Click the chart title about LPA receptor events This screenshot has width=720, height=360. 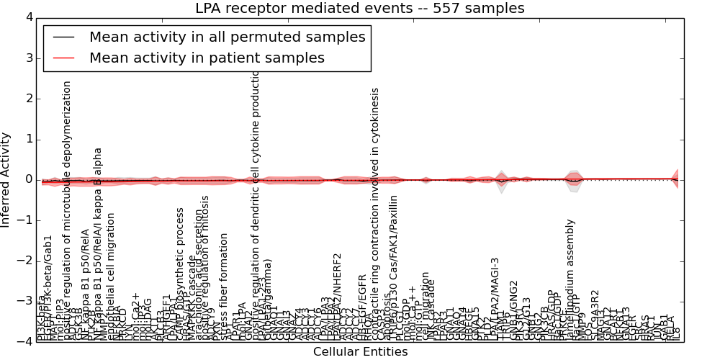pos(359,9)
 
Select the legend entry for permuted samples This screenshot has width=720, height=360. pos(227,37)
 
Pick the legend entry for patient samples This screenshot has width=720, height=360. pos(207,58)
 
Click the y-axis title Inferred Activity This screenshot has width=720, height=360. pos(6,179)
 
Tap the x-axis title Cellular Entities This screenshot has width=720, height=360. pos(360,352)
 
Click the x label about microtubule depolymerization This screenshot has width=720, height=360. pos(68,209)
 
